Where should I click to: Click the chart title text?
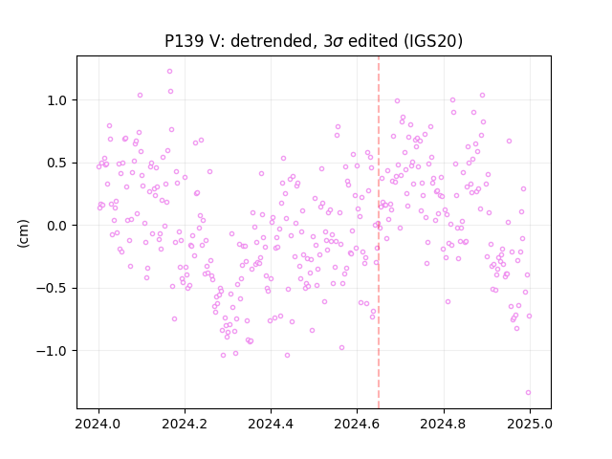click(314, 41)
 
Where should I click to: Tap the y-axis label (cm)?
click(23, 233)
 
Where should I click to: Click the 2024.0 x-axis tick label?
click(98, 424)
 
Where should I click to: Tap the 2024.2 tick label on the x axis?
click(185, 424)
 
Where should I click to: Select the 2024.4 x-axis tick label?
click(271, 424)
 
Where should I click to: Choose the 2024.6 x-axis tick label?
click(357, 424)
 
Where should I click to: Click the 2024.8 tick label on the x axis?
click(444, 424)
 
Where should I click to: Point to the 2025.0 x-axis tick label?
click(530, 424)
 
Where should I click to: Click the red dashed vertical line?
click(379, 232)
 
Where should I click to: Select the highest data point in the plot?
click(169, 72)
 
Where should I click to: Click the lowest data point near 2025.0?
click(528, 393)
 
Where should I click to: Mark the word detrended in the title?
click(273, 41)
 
